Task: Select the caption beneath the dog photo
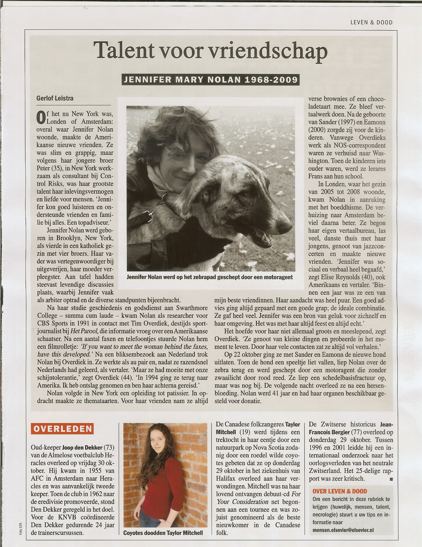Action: click(x=210, y=277)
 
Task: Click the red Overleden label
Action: click(x=62, y=429)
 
